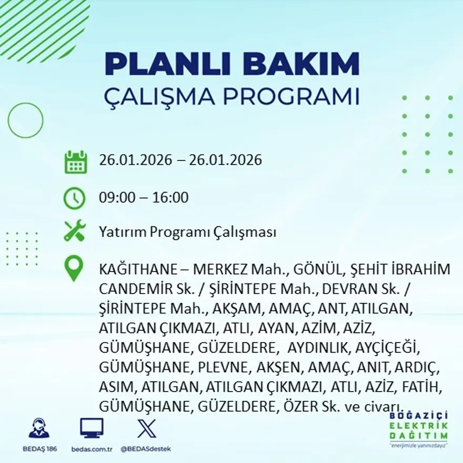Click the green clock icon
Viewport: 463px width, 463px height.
[x=74, y=198]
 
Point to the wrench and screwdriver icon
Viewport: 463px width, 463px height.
[x=75, y=231]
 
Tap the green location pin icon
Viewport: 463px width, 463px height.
[x=74, y=268]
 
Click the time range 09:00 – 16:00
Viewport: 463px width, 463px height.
[x=144, y=198]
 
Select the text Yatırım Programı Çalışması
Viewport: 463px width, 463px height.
[x=187, y=232]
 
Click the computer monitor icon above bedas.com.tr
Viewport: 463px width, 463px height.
[x=92, y=428]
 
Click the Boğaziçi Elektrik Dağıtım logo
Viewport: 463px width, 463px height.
[x=419, y=427]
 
